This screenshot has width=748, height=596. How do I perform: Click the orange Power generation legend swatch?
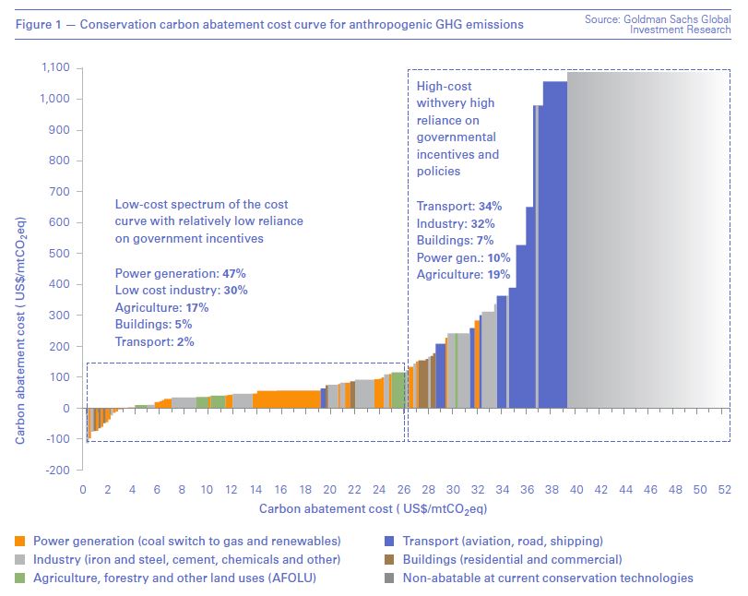pyautogui.click(x=20, y=541)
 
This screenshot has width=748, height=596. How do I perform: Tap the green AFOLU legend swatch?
pyautogui.click(x=20, y=578)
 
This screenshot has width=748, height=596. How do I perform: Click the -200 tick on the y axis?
pyautogui.click(x=59, y=471)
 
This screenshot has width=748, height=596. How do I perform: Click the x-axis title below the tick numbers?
pyautogui.click(x=373, y=508)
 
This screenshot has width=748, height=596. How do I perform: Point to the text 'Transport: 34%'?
pyautogui.click(x=457, y=206)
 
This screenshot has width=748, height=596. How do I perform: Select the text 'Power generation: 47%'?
pyautogui.click(x=181, y=274)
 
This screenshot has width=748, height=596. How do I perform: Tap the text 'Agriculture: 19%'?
pyautogui.click(x=462, y=275)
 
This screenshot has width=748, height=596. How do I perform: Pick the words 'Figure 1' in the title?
pyautogui.click(x=40, y=25)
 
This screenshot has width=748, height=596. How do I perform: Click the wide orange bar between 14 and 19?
pyautogui.click(x=287, y=399)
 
